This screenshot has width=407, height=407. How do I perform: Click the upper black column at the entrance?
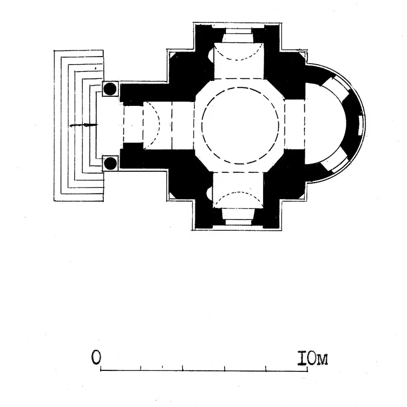110,89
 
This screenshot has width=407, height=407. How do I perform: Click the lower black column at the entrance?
110,163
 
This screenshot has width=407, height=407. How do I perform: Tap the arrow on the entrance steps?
83,125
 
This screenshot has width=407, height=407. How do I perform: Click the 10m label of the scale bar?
312,359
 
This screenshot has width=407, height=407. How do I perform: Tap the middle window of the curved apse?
361,125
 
